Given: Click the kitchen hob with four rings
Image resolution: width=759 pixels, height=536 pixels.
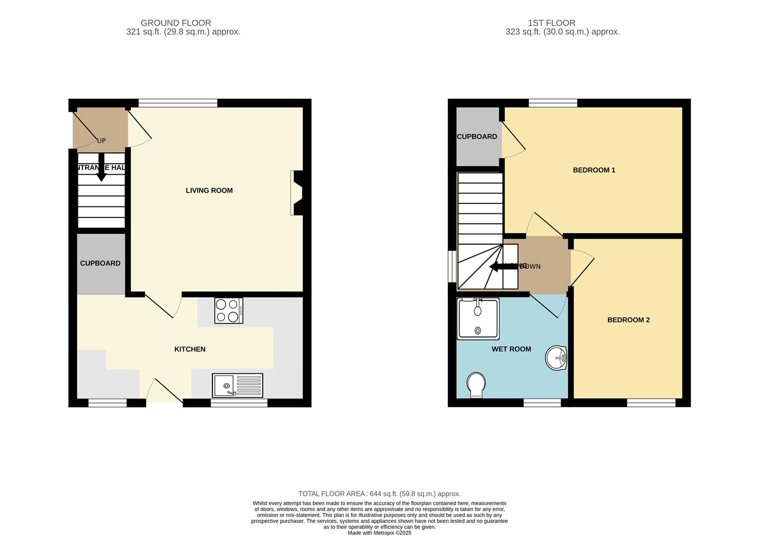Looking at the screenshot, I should click(x=228, y=311).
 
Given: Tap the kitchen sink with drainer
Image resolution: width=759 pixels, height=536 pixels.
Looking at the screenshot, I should click(x=237, y=386).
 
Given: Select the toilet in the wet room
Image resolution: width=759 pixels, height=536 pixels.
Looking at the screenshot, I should click(x=477, y=385).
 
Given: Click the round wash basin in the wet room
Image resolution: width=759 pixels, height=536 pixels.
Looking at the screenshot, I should click(x=556, y=357).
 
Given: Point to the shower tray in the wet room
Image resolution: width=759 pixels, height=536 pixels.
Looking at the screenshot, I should click(x=478, y=319).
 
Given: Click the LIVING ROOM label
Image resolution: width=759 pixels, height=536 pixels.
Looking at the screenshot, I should click(x=209, y=191).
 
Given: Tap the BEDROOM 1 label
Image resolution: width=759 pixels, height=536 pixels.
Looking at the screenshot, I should click(x=594, y=170).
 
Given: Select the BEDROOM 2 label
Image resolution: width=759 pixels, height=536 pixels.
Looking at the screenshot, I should click(x=628, y=320).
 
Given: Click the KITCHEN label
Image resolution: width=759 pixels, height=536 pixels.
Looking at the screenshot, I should click(x=190, y=349).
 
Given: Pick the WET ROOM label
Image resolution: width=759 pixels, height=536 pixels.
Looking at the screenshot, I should click(x=511, y=349).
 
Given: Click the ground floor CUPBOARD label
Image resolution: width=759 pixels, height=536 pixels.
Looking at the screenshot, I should click(x=100, y=264).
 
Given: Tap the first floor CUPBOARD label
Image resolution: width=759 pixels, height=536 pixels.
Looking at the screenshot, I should click(x=477, y=137).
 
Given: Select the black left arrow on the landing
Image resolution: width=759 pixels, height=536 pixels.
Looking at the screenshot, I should click(x=502, y=267).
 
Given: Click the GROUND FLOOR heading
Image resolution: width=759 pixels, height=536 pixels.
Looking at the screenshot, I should click(x=176, y=23).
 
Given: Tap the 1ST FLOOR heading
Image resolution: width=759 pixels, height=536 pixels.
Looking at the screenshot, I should click(x=552, y=23).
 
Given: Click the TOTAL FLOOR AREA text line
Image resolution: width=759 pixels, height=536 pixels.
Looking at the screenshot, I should click(x=379, y=494).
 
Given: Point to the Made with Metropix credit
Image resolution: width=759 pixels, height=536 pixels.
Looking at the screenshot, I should click(x=379, y=533).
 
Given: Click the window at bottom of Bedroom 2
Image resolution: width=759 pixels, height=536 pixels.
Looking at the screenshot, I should click(x=651, y=402).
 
